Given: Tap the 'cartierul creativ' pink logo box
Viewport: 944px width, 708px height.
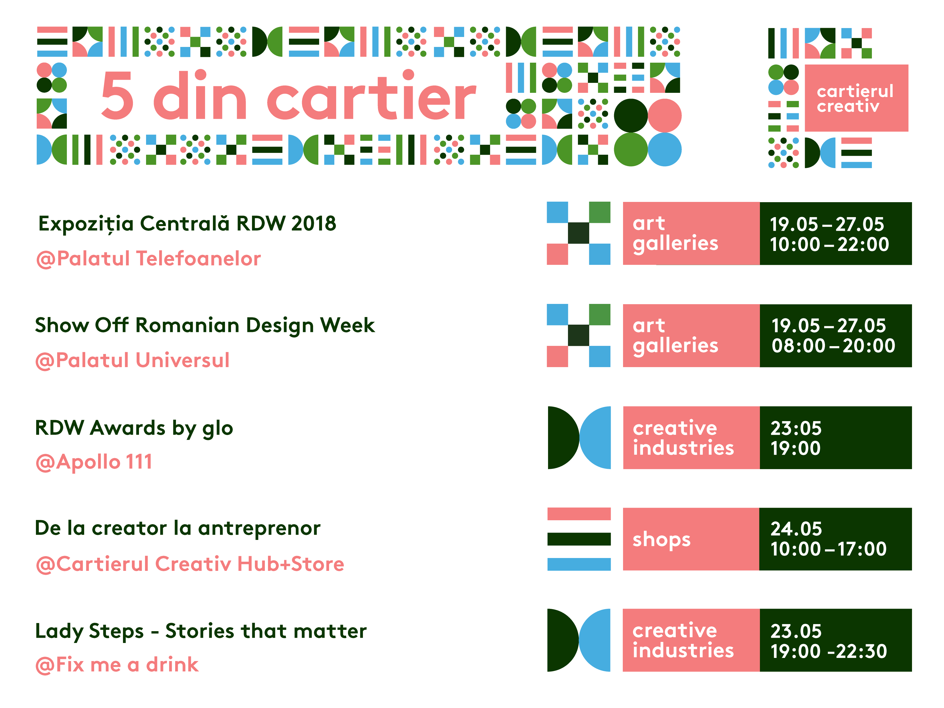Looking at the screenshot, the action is pos(856,98).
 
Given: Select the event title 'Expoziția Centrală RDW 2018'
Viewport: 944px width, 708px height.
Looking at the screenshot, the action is pos(187,224).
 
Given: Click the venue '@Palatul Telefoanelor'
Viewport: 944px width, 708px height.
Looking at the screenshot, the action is pos(148,259).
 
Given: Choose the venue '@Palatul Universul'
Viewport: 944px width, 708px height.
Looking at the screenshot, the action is pos(133,361).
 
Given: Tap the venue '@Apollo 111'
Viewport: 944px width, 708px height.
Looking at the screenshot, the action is pos(94,462).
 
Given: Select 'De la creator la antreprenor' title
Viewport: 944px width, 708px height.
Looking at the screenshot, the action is pos(178,528).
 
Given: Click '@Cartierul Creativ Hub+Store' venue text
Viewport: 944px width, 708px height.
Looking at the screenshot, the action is pos(190,564).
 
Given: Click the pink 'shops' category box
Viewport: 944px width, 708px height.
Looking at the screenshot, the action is pos(691,539).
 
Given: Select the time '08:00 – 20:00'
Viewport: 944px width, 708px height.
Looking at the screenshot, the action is pos(833,346).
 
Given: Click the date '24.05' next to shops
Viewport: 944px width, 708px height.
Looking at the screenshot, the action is pos(796,529).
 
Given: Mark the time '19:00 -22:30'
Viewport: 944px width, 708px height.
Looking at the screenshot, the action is pos(828,652).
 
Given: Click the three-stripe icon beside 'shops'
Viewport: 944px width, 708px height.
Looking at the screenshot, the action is pos(579,539).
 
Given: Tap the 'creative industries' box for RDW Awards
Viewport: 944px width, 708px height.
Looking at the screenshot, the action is pos(691,438).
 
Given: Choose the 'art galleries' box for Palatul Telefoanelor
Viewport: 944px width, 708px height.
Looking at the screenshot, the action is pos(691,233).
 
